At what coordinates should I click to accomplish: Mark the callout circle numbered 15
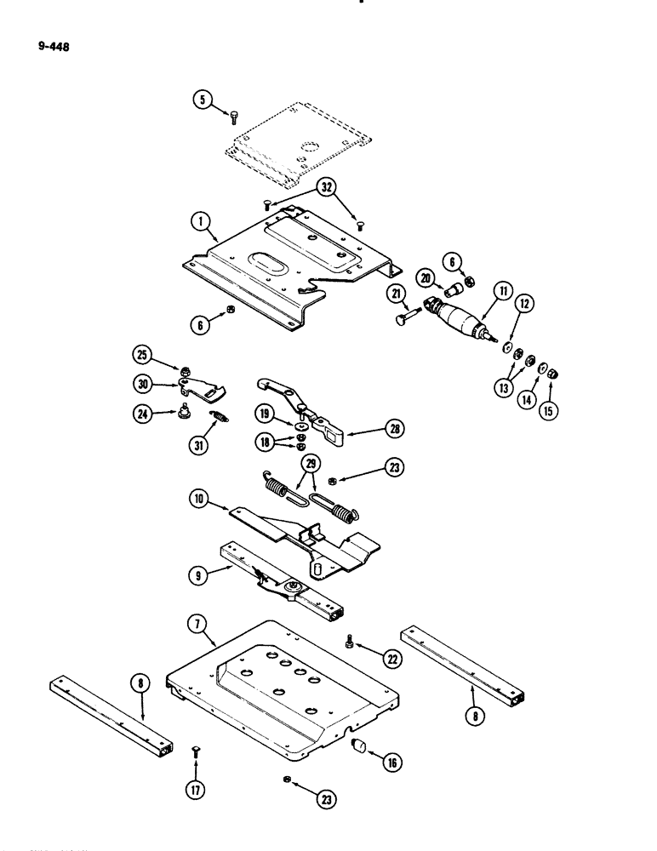pyautogui.click(x=553, y=395)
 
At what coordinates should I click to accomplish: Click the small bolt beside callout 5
pyautogui.click(x=235, y=117)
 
